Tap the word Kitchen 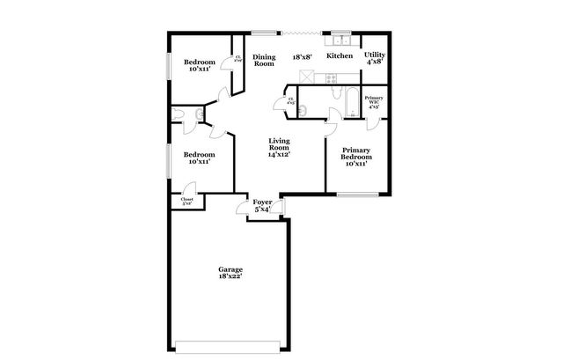pos(340,56)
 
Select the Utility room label pos(374,55)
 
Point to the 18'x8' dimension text pos(303,56)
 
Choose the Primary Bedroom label pos(355,151)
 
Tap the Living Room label pos(280,141)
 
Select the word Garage pos(230,269)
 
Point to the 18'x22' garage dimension pos(230,276)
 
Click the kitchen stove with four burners pos(335,77)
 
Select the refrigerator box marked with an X pos(305,77)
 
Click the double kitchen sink pos(340,40)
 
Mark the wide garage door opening pos(230,343)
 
